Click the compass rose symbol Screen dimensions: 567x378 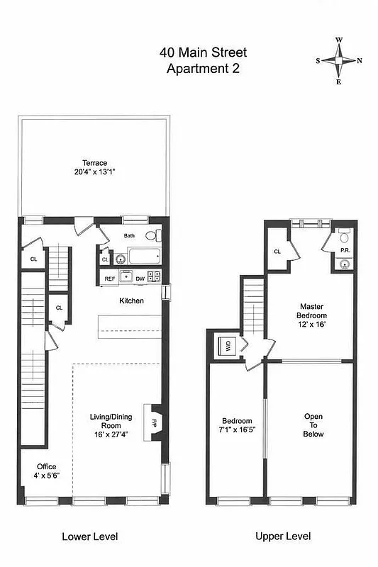[x=339, y=61]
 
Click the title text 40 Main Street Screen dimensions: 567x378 [x=203, y=53]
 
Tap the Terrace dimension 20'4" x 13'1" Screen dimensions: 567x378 [x=94, y=172]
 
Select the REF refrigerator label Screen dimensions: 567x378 [x=110, y=279]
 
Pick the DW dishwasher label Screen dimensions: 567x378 [x=140, y=279]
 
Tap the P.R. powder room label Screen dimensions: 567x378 [x=344, y=250]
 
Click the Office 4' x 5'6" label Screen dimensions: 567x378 [x=47, y=471]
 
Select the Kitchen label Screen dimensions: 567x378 [x=131, y=301]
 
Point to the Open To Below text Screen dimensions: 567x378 [x=313, y=425]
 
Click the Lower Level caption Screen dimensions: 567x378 [x=90, y=537]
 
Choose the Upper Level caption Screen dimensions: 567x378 [x=283, y=537]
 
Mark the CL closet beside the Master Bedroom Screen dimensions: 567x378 [x=277, y=252]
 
